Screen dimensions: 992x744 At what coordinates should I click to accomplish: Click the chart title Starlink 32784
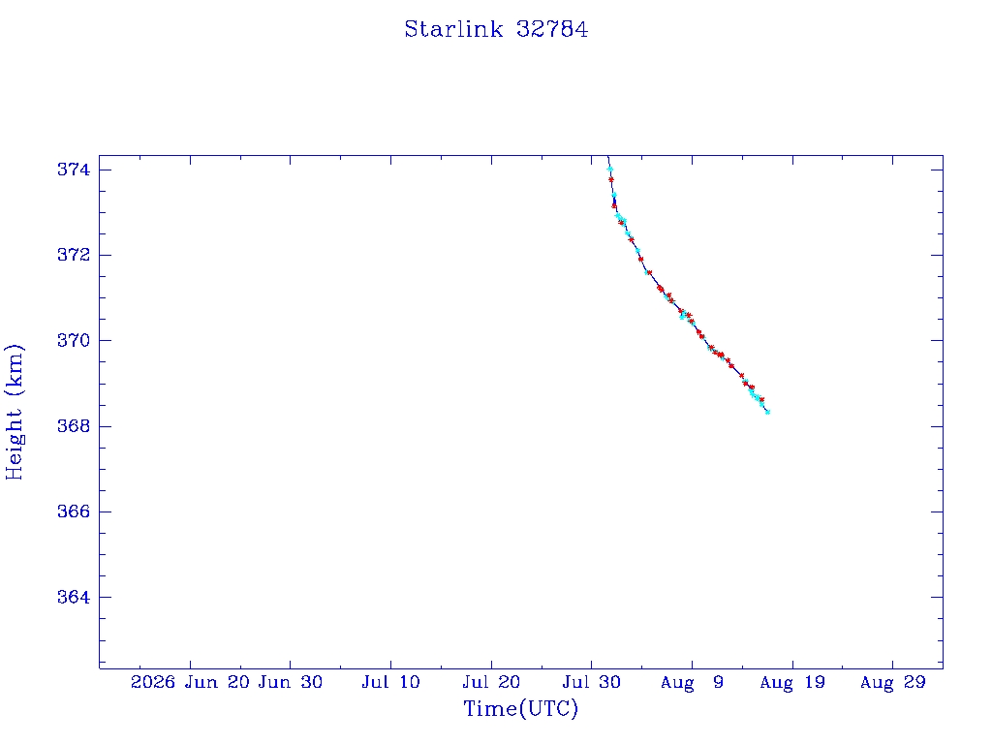tap(496, 29)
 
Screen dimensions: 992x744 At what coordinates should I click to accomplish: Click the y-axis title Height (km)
tap(14, 412)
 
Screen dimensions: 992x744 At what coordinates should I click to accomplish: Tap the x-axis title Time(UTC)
tap(520, 708)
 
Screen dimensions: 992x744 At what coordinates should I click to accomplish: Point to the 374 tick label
tap(74, 170)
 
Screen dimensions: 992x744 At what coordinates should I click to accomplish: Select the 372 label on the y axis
tap(74, 255)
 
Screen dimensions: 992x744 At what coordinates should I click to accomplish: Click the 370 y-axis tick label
tap(74, 340)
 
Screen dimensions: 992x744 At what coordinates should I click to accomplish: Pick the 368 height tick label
tap(74, 426)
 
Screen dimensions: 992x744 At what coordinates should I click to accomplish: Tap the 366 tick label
tap(74, 511)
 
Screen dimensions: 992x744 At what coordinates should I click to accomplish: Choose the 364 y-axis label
tap(74, 597)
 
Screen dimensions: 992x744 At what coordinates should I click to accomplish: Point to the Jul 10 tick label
tap(390, 682)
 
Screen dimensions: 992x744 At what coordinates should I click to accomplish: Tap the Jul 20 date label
tap(491, 682)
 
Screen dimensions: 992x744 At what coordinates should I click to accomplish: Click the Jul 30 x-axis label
tap(592, 682)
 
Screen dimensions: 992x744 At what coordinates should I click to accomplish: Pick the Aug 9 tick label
tap(692, 682)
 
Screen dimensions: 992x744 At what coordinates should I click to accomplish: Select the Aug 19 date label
tap(792, 682)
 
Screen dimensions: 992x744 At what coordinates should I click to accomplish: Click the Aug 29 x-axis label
tap(893, 682)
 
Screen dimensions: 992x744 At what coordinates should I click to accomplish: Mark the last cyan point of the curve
tap(767, 412)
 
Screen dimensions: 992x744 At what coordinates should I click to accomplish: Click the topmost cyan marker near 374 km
tap(610, 169)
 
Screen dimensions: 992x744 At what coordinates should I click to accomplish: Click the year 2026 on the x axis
tap(152, 682)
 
